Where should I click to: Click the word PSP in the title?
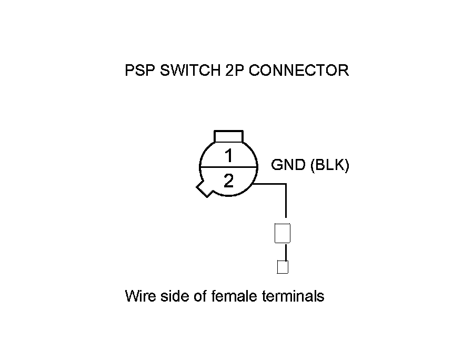click(x=138, y=71)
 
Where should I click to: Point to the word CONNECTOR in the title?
click(x=298, y=71)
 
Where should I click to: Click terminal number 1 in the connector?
click(x=228, y=156)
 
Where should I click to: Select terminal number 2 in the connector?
click(x=228, y=181)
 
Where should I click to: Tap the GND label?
click(x=288, y=165)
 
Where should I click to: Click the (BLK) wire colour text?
click(x=329, y=165)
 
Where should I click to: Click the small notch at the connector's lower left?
click(x=204, y=189)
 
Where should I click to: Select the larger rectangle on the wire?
click(x=283, y=233)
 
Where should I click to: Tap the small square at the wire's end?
click(x=283, y=267)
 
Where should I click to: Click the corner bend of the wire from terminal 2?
click(x=286, y=184)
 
